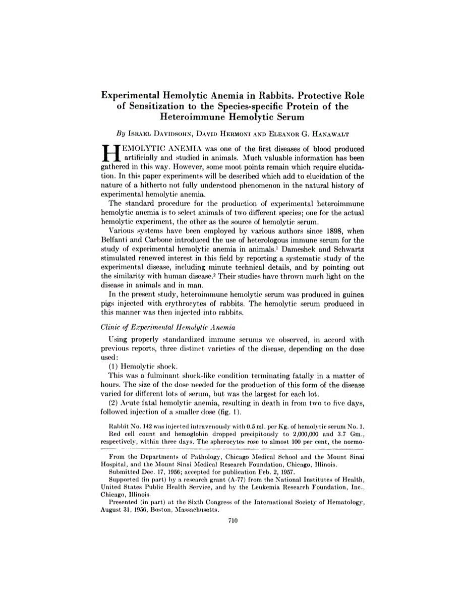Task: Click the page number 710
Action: tap(233, 522)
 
